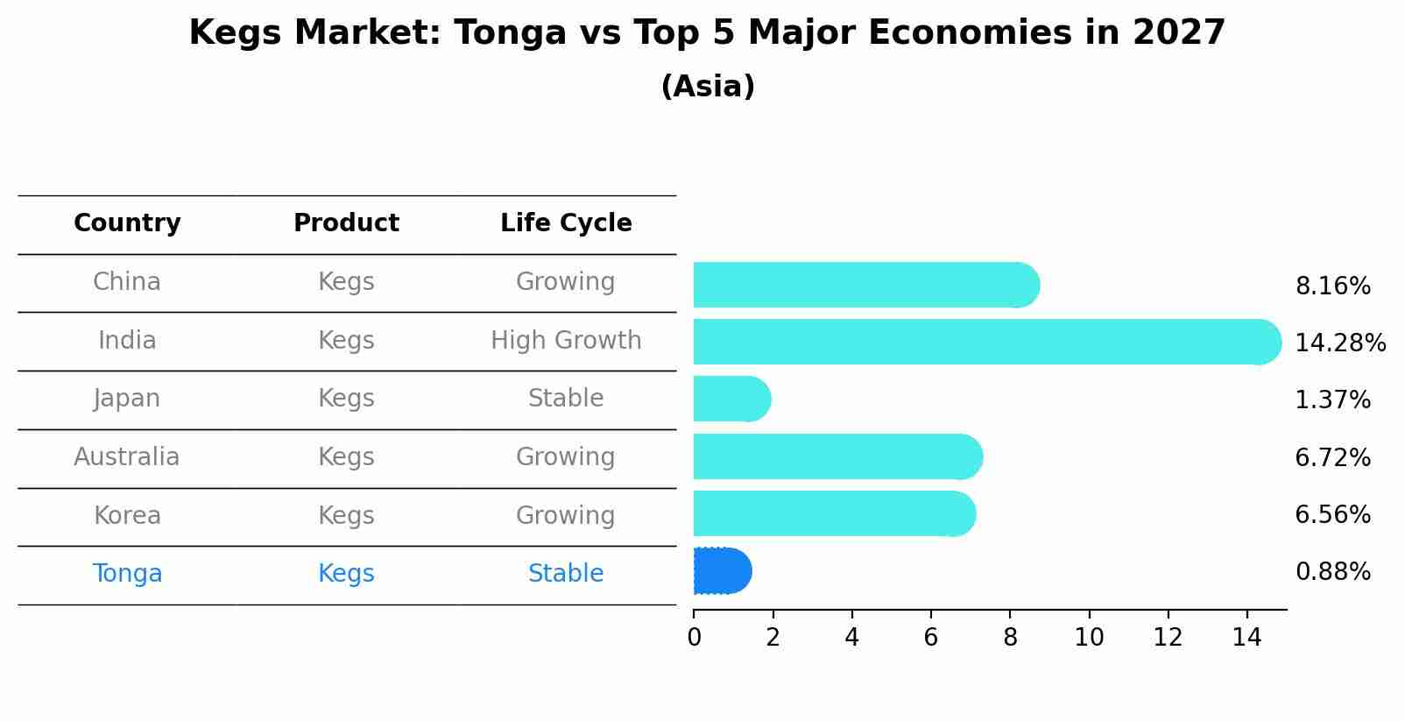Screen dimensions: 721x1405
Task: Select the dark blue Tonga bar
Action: [x=722, y=571]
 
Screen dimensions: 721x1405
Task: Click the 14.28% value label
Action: [x=1339, y=343]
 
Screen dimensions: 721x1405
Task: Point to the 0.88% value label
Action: [x=1332, y=572]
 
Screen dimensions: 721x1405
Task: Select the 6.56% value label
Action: [x=1332, y=514]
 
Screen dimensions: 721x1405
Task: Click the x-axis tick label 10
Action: [x=1089, y=638]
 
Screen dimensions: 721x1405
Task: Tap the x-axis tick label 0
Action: [x=694, y=638]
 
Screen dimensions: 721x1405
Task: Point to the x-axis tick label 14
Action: [x=1246, y=638]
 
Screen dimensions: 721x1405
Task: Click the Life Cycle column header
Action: [x=566, y=223]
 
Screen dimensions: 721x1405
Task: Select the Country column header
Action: [x=127, y=223]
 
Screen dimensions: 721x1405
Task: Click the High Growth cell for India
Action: [x=566, y=340]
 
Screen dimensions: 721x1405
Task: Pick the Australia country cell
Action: [x=127, y=456]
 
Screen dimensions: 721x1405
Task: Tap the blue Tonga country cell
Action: [x=127, y=573]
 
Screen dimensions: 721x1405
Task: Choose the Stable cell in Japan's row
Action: [x=566, y=399]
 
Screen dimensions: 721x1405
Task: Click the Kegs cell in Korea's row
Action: [x=346, y=515]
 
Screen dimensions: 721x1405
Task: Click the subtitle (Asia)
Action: [x=708, y=87]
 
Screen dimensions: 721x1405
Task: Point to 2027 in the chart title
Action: [x=1178, y=33]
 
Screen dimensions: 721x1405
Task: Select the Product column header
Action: [x=346, y=223]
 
